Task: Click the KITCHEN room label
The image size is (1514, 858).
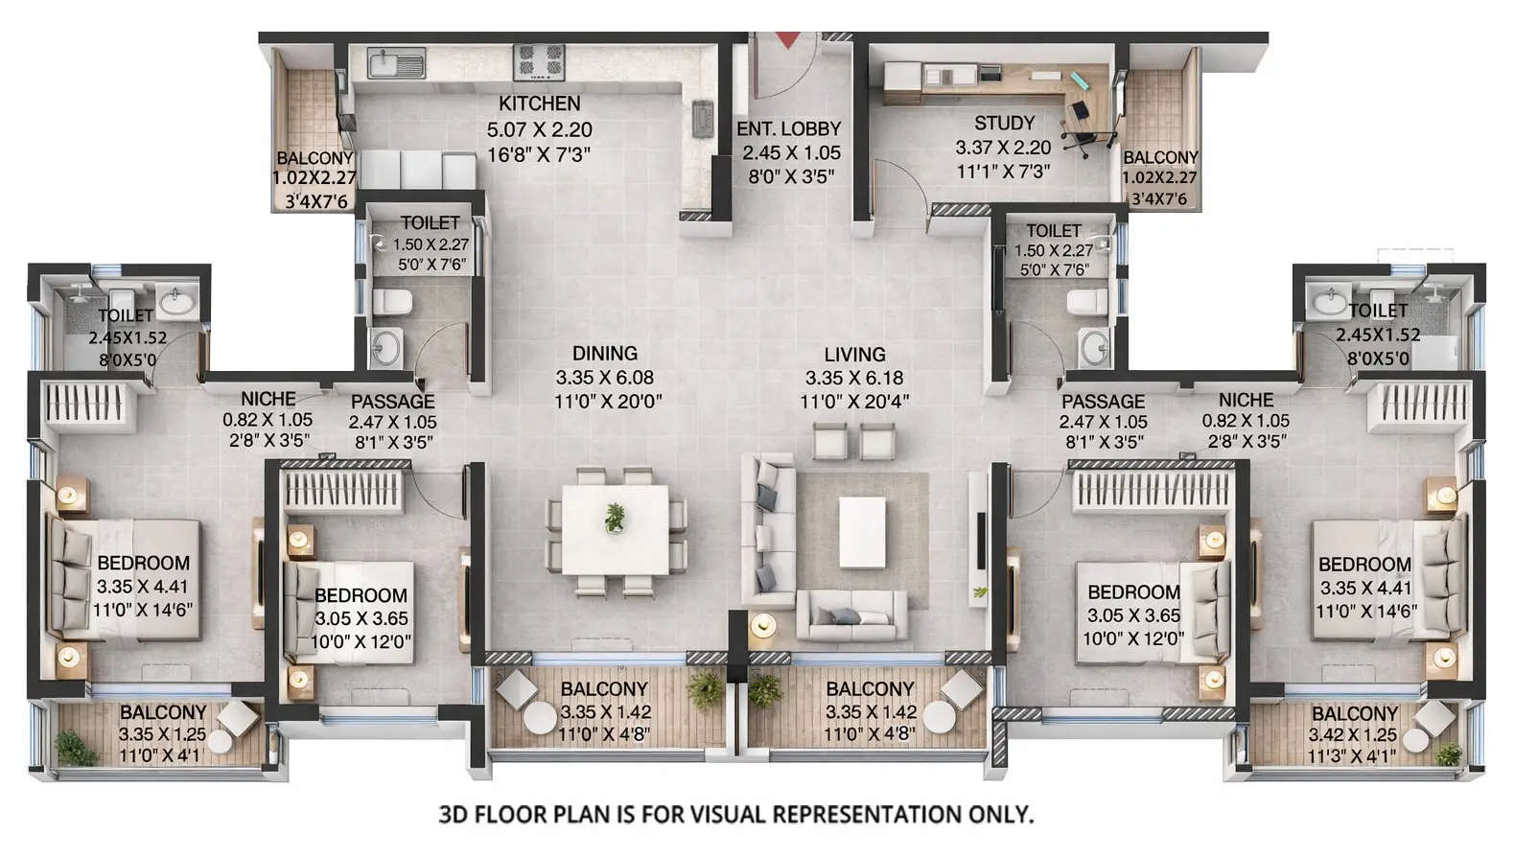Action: tap(539, 104)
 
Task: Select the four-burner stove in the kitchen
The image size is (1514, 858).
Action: tap(540, 62)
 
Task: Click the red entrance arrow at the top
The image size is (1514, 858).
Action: tap(787, 39)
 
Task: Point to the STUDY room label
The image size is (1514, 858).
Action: tap(1004, 123)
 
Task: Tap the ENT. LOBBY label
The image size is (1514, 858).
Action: tap(788, 128)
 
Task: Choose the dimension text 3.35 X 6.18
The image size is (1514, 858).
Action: tap(853, 379)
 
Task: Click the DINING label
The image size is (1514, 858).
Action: tap(604, 354)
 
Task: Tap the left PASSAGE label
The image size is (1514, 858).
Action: tap(392, 402)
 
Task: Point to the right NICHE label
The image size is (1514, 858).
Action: tap(1246, 400)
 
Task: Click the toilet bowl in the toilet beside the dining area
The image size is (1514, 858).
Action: tap(391, 302)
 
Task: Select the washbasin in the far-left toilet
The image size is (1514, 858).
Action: tap(176, 303)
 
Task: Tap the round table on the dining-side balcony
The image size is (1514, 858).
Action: tap(540, 720)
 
